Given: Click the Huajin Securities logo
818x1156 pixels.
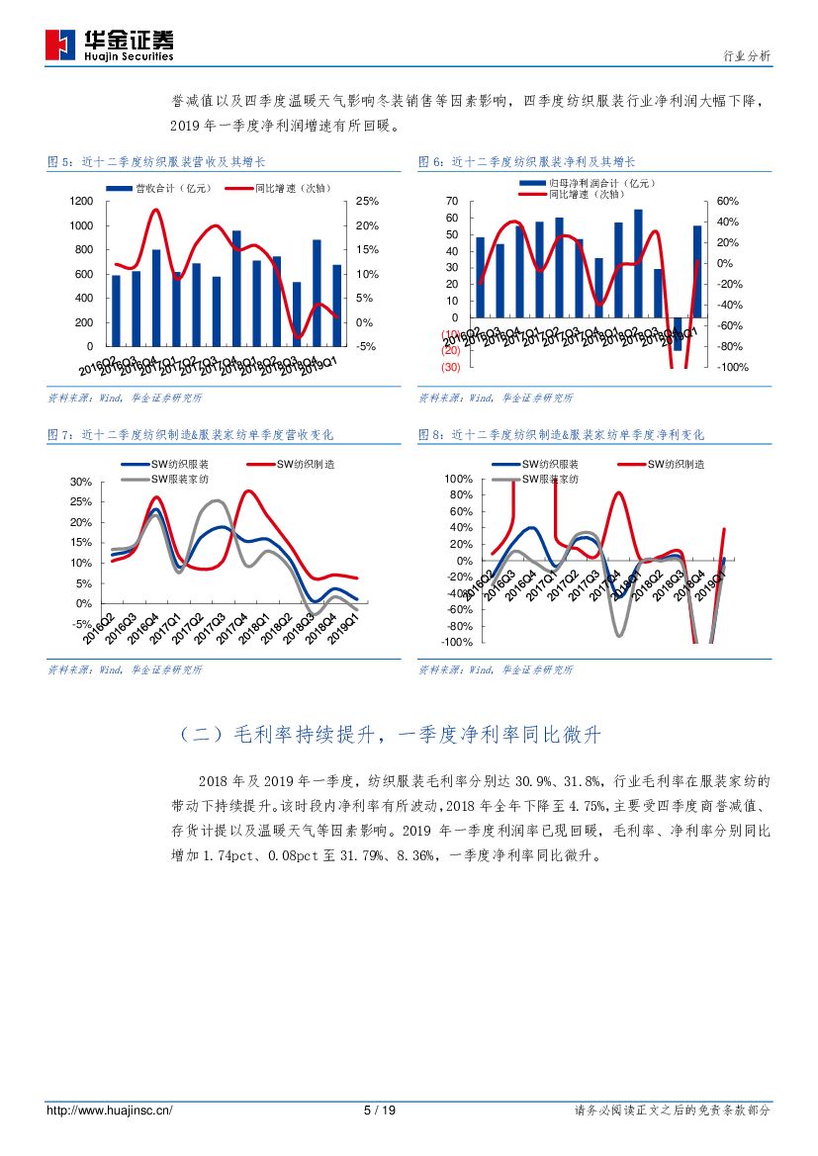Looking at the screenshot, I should pyautogui.click(x=110, y=43).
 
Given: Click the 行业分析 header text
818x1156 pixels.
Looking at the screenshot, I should pyautogui.click(x=747, y=56).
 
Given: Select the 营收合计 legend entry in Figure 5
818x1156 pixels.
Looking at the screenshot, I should pyautogui.click(x=158, y=187).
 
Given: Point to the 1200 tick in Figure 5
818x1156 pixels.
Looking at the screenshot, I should pyautogui.click(x=81, y=202).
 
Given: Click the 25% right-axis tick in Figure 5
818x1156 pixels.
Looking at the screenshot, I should pyautogui.click(x=367, y=202).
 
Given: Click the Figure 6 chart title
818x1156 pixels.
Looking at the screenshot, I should pyautogui.click(x=527, y=161).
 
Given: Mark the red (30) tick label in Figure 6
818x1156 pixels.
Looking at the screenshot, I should pyautogui.click(x=450, y=368).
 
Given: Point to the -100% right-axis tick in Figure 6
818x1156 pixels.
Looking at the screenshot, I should pyautogui.click(x=732, y=368).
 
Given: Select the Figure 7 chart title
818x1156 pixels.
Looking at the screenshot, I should pyautogui.click(x=191, y=435).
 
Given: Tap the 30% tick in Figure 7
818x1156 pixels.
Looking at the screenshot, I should pyautogui.click(x=81, y=483).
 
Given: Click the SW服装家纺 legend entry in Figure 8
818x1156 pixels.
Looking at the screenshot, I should pyautogui.click(x=539, y=479).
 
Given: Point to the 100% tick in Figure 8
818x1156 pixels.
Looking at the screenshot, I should pyautogui.click(x=458, y=479).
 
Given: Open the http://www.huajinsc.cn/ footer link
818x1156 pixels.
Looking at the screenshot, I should pyautogui.click(x=110, y=1111).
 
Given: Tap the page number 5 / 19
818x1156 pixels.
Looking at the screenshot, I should pyautogui.click(x=380, y=1111).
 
